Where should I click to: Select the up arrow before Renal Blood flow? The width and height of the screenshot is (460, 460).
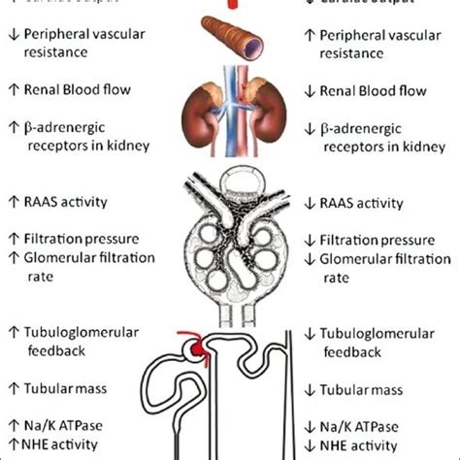(x=13, y=91)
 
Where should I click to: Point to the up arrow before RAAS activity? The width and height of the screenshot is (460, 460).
(x=13, y=202)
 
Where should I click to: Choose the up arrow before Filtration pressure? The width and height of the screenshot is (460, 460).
(x=13, y=237)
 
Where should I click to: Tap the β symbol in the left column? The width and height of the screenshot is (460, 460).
(x=27, y=126)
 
